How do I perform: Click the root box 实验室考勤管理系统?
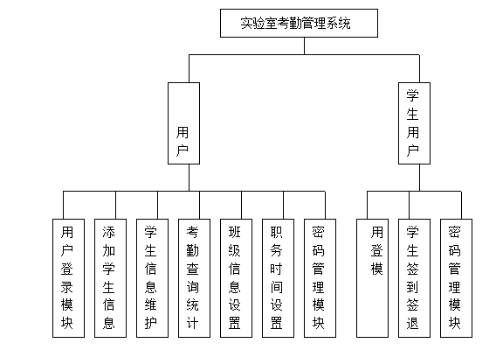[x=299, y=23]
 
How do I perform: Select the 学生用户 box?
[x=414, y=123]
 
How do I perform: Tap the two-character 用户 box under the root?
[x=183, y=123]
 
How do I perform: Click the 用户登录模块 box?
[x=69, y=278]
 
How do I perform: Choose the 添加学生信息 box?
[x=110, y=278]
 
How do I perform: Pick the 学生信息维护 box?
[x=152, y=278]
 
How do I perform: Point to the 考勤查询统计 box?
[x=195, y=278]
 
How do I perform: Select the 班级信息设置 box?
[x=236, y=278]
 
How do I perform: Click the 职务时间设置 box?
[x=278, y=278]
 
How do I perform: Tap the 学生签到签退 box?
[x=414, y=278]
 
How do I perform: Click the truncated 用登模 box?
[x=372, y=278]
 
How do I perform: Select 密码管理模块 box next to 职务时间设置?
[x=320, y=278]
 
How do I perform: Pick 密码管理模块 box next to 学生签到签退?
[x=456, y=278]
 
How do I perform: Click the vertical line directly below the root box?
[x=304, y=46]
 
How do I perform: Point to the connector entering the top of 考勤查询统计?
[x=199, y=205]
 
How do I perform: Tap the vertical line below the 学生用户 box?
[x=419, y=178]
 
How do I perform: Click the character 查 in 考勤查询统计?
[x=192, y=269]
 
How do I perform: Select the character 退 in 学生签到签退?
[x=412, y=323]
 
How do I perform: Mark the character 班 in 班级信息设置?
[x=235, y=232]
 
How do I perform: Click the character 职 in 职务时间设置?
[x=276, y=232]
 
